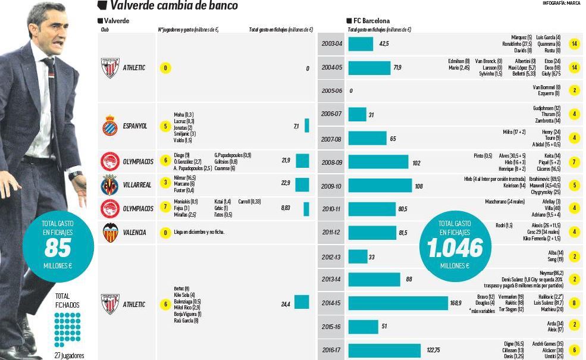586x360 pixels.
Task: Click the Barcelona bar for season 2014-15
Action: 397,303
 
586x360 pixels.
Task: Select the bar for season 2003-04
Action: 361,44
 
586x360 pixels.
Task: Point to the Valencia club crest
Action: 110,232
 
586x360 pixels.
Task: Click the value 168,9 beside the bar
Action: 456,303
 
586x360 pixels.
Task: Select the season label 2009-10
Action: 331,186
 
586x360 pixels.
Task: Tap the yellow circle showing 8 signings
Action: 574,303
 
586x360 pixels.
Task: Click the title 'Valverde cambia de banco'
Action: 174,6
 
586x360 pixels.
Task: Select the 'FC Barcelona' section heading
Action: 371,21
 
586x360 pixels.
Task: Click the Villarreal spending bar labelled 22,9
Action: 302,184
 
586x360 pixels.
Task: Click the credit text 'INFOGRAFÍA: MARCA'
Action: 561,3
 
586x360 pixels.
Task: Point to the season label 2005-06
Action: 331,91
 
